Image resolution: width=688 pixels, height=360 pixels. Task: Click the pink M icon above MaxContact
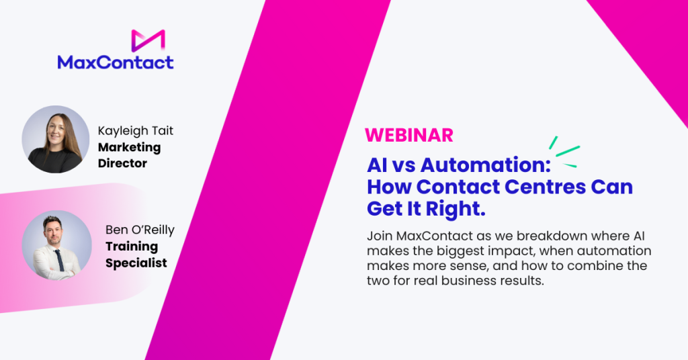(148, 40)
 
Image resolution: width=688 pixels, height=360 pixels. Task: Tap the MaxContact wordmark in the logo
(116, 62)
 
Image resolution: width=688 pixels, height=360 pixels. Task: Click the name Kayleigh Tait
(136, 131)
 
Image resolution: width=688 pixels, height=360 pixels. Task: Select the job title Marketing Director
(130, 155)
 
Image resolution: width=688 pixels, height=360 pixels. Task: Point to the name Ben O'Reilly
(140, 230)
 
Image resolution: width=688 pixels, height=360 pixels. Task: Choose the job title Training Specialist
(136, 255)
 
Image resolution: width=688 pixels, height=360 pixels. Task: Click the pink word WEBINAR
(409, 136)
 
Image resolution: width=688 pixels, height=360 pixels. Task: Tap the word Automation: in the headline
(485, 165)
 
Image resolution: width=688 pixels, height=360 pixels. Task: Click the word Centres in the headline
(544, 187)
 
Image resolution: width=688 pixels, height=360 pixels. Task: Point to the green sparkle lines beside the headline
(564, 152)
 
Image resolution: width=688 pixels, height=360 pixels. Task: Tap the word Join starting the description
(380, 236)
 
